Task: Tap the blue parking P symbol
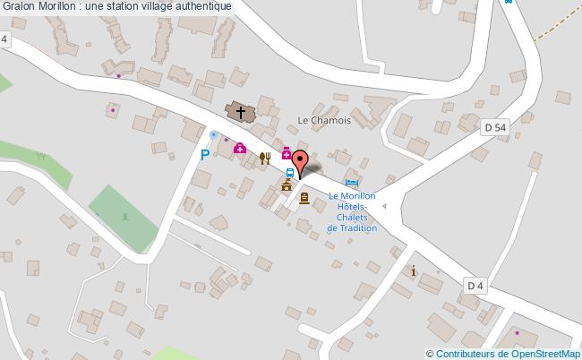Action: click(x=205, y=155)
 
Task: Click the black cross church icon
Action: click(x=239, y=111)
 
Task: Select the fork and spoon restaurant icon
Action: click(x=264, y=159)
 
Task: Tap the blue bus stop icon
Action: click(x=290, y=173)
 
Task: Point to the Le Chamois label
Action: click(x=324, y=121)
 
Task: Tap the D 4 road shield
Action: click(x=475, y=286)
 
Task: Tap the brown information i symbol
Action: click(x=412, y=270)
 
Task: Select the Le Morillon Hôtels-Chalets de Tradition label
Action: click(x=352, y=211)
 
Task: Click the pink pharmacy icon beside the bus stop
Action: click(x=287, y=154)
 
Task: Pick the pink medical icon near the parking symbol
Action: click(x=239, y=148)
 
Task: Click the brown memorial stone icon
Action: click(x=304, y=197)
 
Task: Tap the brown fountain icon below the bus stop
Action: click(x=287, y=186)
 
